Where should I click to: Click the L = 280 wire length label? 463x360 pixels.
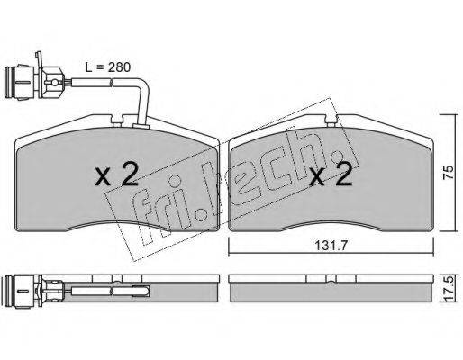pos(107,67)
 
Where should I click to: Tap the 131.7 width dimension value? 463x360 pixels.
pos(331,247)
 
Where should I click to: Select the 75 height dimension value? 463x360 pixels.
pos(448,173)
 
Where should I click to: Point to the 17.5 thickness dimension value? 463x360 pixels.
pos(448,290)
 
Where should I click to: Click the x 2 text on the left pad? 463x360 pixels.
pos(116,174)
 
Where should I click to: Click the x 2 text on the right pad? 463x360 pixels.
pos(331,174)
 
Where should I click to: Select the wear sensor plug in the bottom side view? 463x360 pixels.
pos(33,291)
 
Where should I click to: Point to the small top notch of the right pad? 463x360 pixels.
pos(331,121)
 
